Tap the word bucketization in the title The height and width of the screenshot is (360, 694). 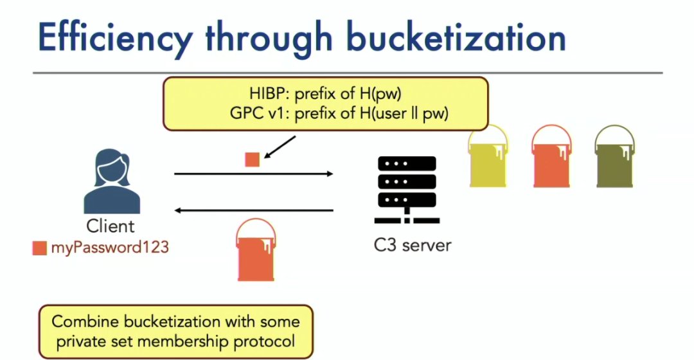[x=456, y=37]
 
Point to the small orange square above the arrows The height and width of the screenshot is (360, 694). [x=253, y=159]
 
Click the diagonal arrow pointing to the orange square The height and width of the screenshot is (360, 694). [x=280, y=147]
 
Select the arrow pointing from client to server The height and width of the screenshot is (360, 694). [x=254, y=174]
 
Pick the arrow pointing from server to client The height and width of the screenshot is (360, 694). [x=254, y=210]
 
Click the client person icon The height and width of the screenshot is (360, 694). [x=112, y=181]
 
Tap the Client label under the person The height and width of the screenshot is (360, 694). [x=111, y=226]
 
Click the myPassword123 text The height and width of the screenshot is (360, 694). [x=110, y=247]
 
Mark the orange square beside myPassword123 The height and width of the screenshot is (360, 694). [x=40, y=248]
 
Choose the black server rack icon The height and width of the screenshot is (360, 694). [x=407, y=190]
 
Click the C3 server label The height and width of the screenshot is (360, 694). [x=413, y=246]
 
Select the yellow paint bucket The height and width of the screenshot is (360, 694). [x=488, y=157]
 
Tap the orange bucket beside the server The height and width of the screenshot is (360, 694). [x=551, y=157]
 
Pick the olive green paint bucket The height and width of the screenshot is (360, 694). [x=615, y=157]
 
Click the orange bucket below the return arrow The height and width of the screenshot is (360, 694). [x=256, y=249]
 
